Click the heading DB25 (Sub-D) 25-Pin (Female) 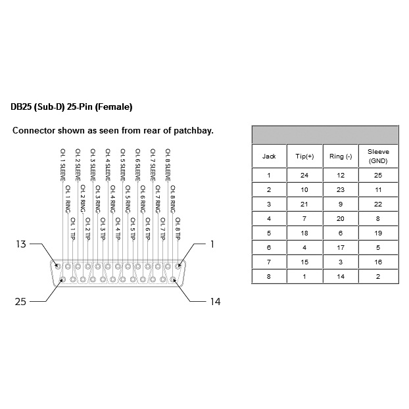click(x=72, y=106)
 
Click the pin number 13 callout click(x=21, y=245)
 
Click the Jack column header click(x=269, y=156)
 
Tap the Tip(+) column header click(x=305, y=156)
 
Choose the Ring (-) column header click(x=341, y=156)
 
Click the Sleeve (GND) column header click(x=377, y=156)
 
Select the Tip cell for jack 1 click(x=305, y=176)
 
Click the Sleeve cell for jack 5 click(x=377, y=232)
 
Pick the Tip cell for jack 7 click(x=305, y=261)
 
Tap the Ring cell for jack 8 click(x=341, y=276)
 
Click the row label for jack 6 click(x=269, y=247)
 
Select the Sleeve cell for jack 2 click(x=377, y=189)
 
